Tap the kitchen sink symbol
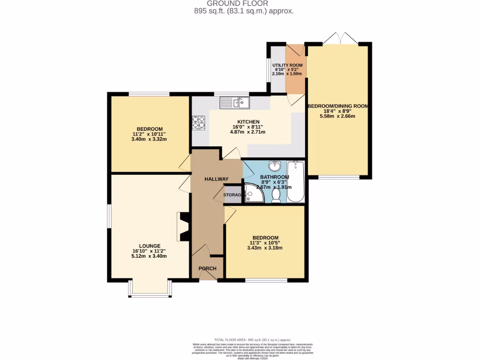236,102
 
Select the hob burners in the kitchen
198,123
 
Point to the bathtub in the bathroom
296,181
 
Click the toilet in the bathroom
276,195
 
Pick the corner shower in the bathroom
253,193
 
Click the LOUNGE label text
150,246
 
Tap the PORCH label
208,269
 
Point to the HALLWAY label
216,179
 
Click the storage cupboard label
232,195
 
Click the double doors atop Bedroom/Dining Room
340,37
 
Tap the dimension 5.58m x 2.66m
338,117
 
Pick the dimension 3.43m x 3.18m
265,248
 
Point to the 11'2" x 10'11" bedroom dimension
150,134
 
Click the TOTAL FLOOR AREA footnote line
253,340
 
